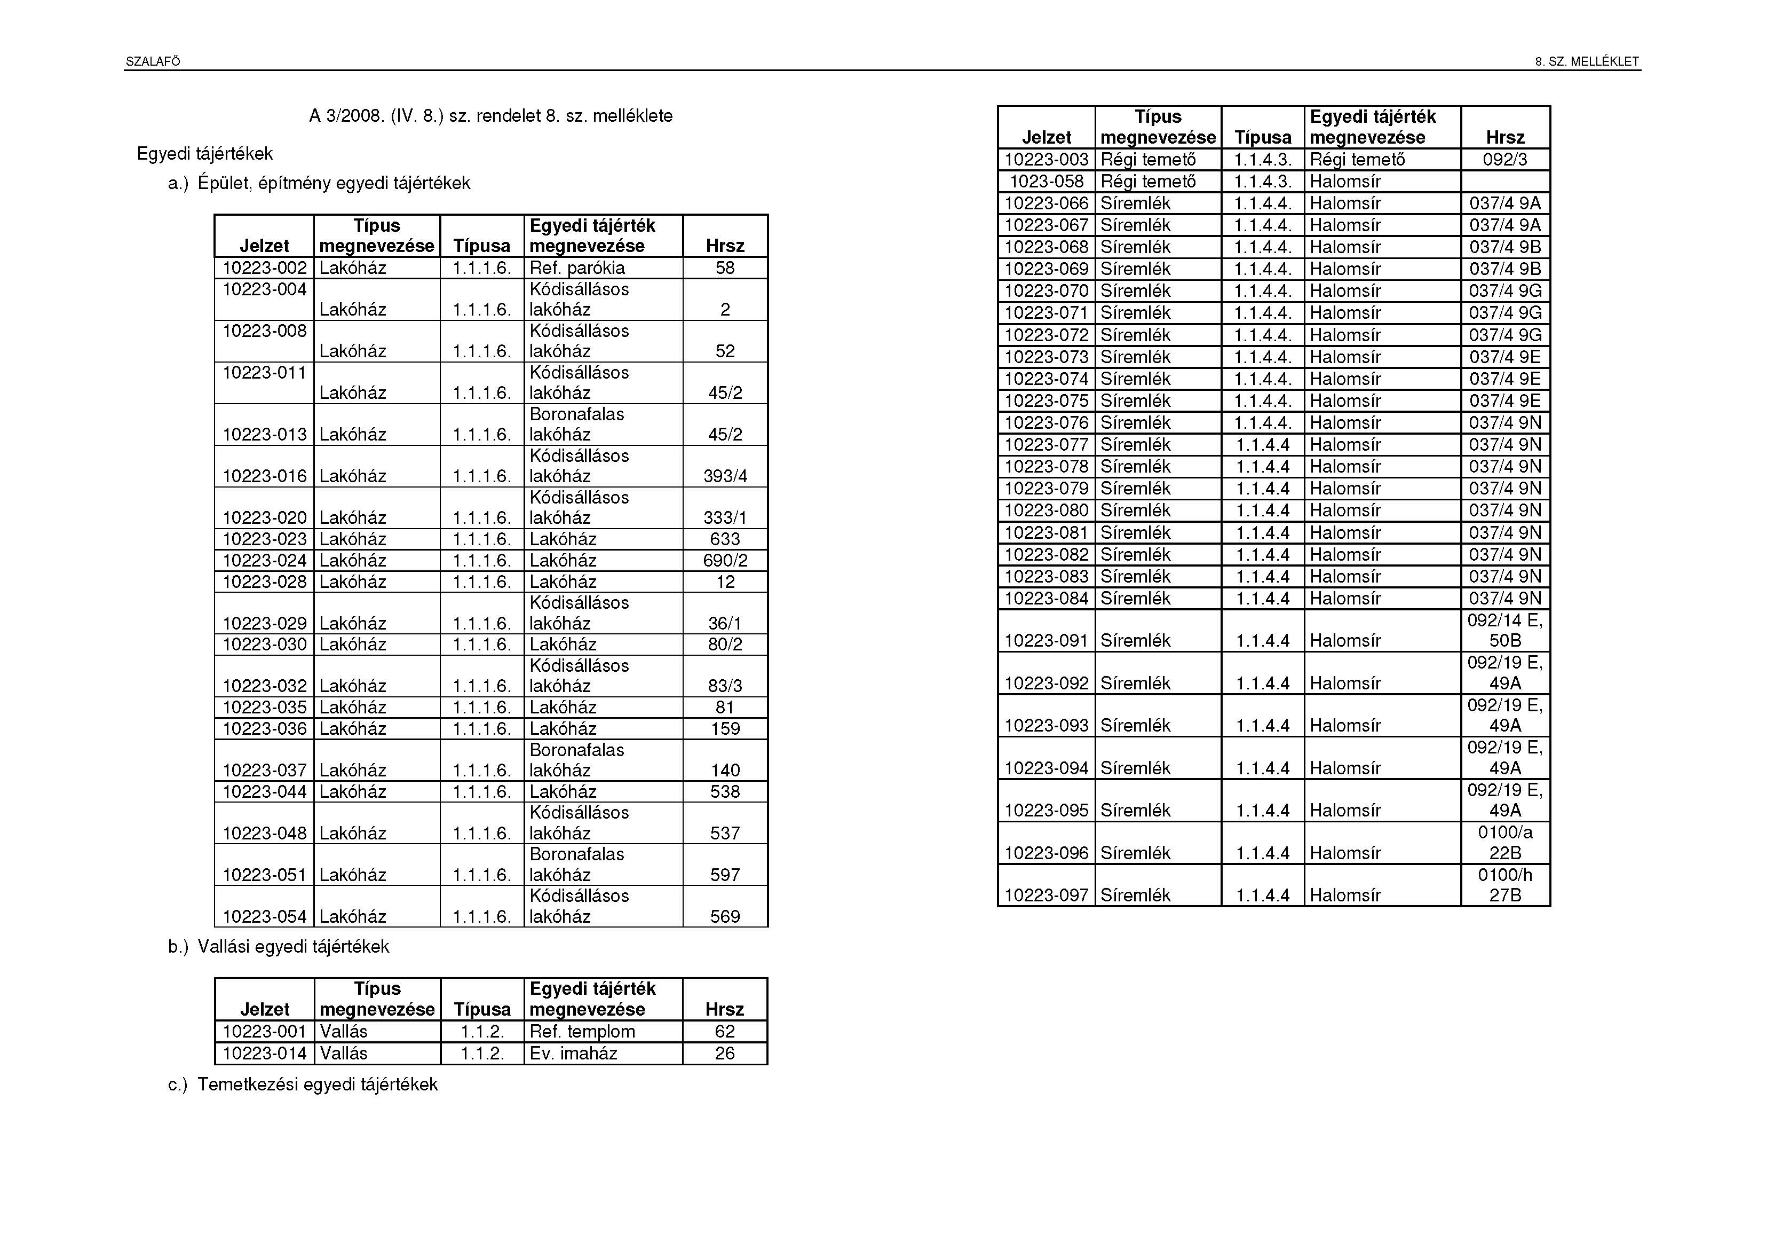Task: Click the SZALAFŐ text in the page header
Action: tap(153, 61)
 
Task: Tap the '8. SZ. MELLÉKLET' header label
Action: tap(1587, 61)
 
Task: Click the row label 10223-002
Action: tap(265, 268)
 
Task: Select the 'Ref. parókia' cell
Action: tap(577, 268)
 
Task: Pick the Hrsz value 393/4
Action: tap(725, 476)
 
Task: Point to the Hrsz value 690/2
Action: tap(725, 560)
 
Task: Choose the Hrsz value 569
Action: tap(725, 916)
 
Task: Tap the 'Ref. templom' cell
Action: tap(582, 1031)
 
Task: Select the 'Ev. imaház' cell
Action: tap(573, 1053)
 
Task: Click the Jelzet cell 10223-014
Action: tap(265, 1053)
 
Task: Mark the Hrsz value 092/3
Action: tap(1504, 159)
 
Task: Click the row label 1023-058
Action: tap(1046, 182)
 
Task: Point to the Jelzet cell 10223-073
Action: tap(1046, 357)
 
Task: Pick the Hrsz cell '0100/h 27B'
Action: tap(1504, 885)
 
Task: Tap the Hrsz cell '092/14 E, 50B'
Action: tap(1504, 630)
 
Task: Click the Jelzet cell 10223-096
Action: tap(1046, 853)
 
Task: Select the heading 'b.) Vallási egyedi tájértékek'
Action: tap(279, 947)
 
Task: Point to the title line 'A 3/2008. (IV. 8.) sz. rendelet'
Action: tap(490, 116)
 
